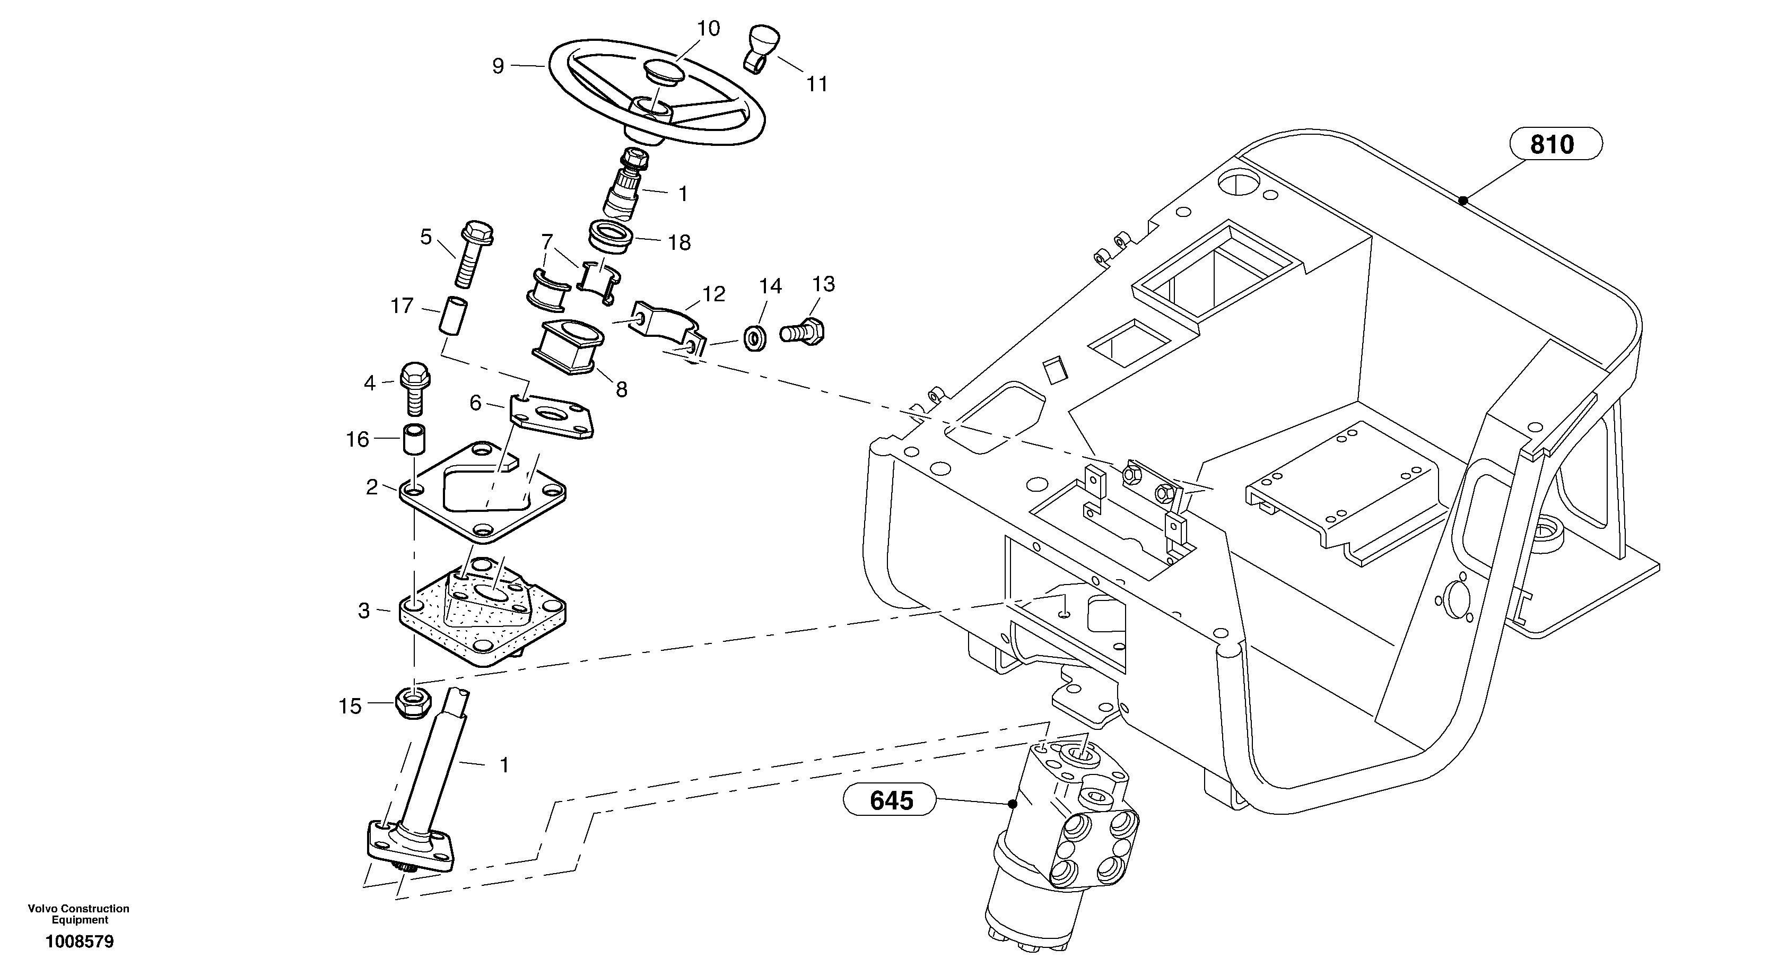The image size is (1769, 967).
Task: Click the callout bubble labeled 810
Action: click(x=1555, y=144)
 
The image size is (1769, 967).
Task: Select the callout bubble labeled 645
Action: click(x=891, y=800)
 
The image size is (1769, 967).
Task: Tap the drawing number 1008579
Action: click(x=80, y=942)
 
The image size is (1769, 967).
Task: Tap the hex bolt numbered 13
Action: click(x=802, y=332)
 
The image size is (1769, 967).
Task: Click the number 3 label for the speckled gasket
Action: click(x=364, y=611)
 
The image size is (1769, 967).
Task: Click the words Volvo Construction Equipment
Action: click(x=79, y=914)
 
